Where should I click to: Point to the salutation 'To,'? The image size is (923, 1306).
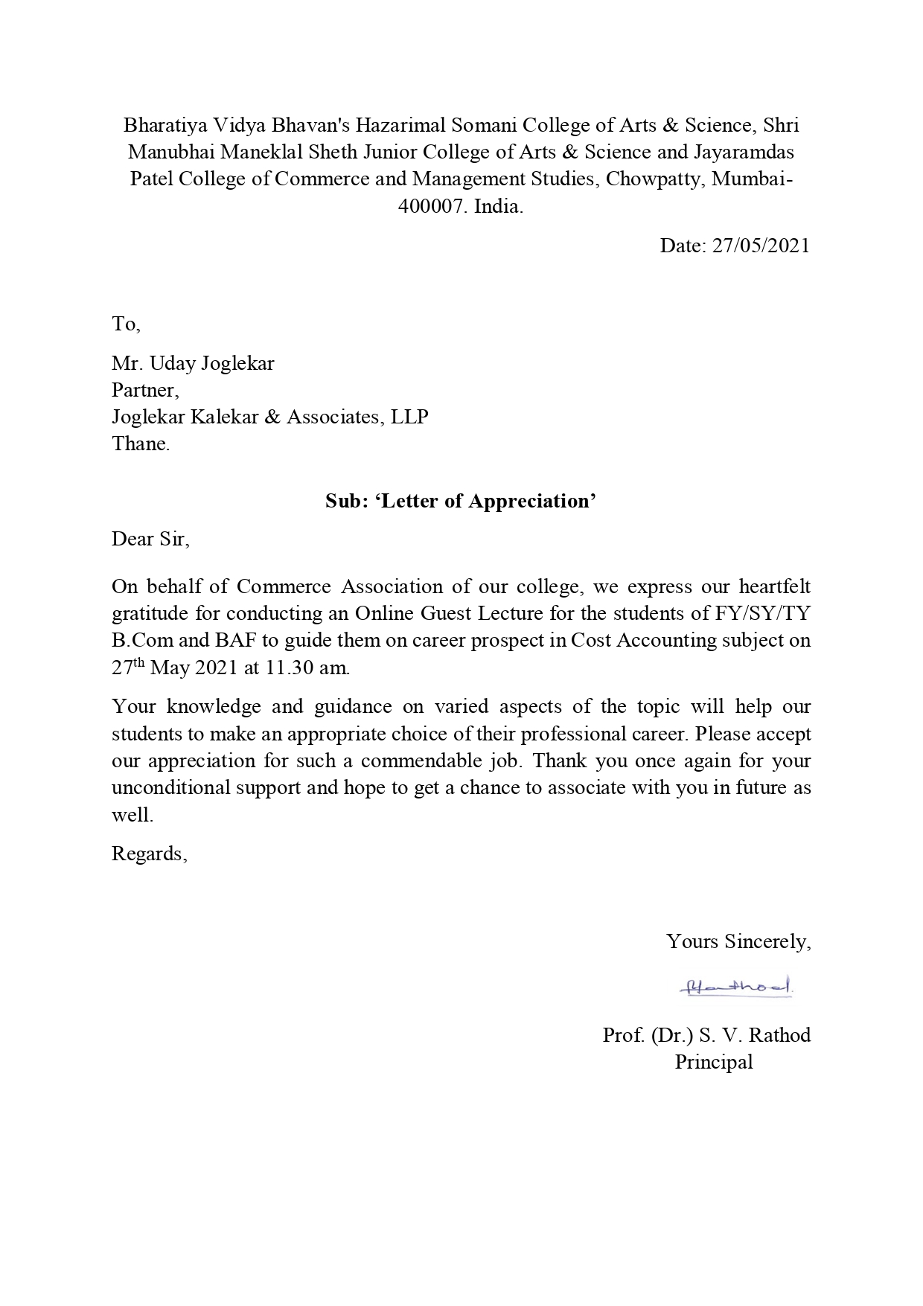point(126,324)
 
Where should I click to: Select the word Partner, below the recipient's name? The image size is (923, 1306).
point(145,390)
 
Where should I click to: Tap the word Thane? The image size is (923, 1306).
point(141,444)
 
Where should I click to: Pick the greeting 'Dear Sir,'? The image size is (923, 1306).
point(150,539)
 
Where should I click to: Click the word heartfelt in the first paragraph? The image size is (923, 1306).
point(774,586)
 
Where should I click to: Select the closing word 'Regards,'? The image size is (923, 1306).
point(149,854)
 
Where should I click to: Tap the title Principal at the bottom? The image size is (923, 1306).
point(714,1062)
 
